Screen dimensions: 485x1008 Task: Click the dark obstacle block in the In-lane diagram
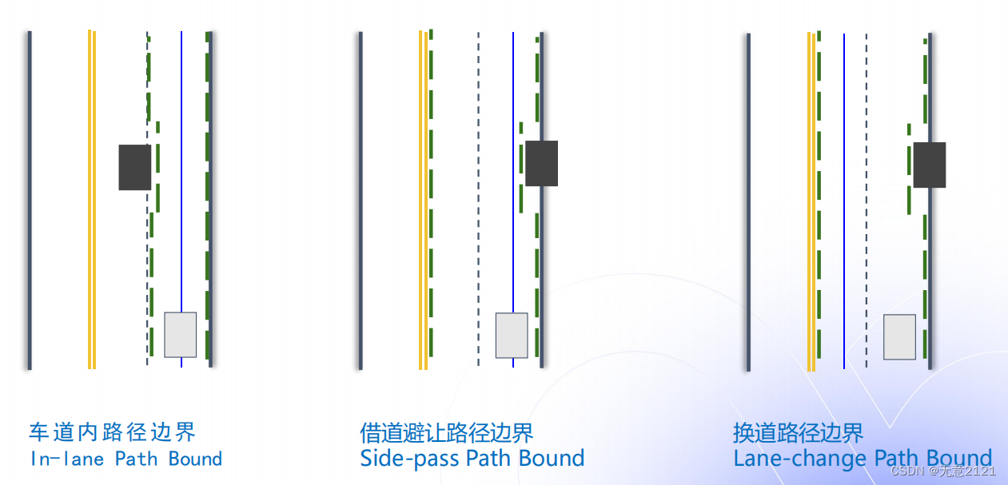pos(134,167)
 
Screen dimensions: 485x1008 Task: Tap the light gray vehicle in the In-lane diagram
pos(180,335)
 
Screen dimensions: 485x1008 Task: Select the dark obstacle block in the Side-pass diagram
pos(541,163)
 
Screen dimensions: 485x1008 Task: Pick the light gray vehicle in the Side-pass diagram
pos(512,336)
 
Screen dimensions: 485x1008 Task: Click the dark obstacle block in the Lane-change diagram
pos(930,165)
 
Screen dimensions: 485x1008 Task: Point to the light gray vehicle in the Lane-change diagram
pos(899,337)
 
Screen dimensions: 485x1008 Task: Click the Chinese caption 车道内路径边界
pos(112,432)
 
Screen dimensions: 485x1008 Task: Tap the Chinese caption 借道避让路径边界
pos(447,433)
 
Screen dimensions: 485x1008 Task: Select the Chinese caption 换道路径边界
pos(798,433)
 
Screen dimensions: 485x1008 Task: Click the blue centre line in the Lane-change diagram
pos(844,200)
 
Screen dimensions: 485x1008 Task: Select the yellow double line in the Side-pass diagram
pos(423,200)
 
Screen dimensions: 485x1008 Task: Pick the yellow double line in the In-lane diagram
pos(92,200)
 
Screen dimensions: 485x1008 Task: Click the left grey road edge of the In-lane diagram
pos(30,200)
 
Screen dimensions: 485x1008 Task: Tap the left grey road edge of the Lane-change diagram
pos(748,200)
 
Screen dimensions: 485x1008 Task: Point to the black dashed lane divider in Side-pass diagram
pos(478,200)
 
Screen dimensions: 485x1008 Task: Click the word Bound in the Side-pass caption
pos(552,459)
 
